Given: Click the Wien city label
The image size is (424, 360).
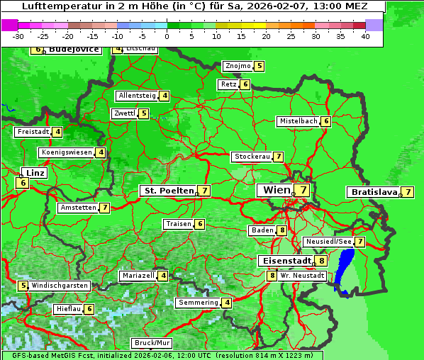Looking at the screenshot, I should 276,190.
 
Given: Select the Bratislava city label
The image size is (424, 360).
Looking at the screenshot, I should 373,192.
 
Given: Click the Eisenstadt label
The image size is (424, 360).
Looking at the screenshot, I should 284,261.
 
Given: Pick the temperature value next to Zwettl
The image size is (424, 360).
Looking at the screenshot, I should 144,113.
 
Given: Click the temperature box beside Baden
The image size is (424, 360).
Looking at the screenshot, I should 282,230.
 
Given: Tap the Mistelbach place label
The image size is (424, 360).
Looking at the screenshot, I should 299,121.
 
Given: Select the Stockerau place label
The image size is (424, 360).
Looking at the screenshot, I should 252,157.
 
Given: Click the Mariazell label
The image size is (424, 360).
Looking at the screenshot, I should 138,275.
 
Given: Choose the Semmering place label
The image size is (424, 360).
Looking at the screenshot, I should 199,303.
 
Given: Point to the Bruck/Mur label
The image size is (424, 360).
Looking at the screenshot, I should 152,343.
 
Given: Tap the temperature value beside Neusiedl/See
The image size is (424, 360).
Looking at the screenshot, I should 360,242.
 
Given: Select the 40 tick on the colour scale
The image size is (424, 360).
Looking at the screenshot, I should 365,36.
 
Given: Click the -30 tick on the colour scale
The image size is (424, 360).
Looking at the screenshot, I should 18,36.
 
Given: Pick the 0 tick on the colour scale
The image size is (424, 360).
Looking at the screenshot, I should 167,36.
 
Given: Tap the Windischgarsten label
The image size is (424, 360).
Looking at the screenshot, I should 60,285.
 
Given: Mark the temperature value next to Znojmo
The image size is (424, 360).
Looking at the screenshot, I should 260,66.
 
